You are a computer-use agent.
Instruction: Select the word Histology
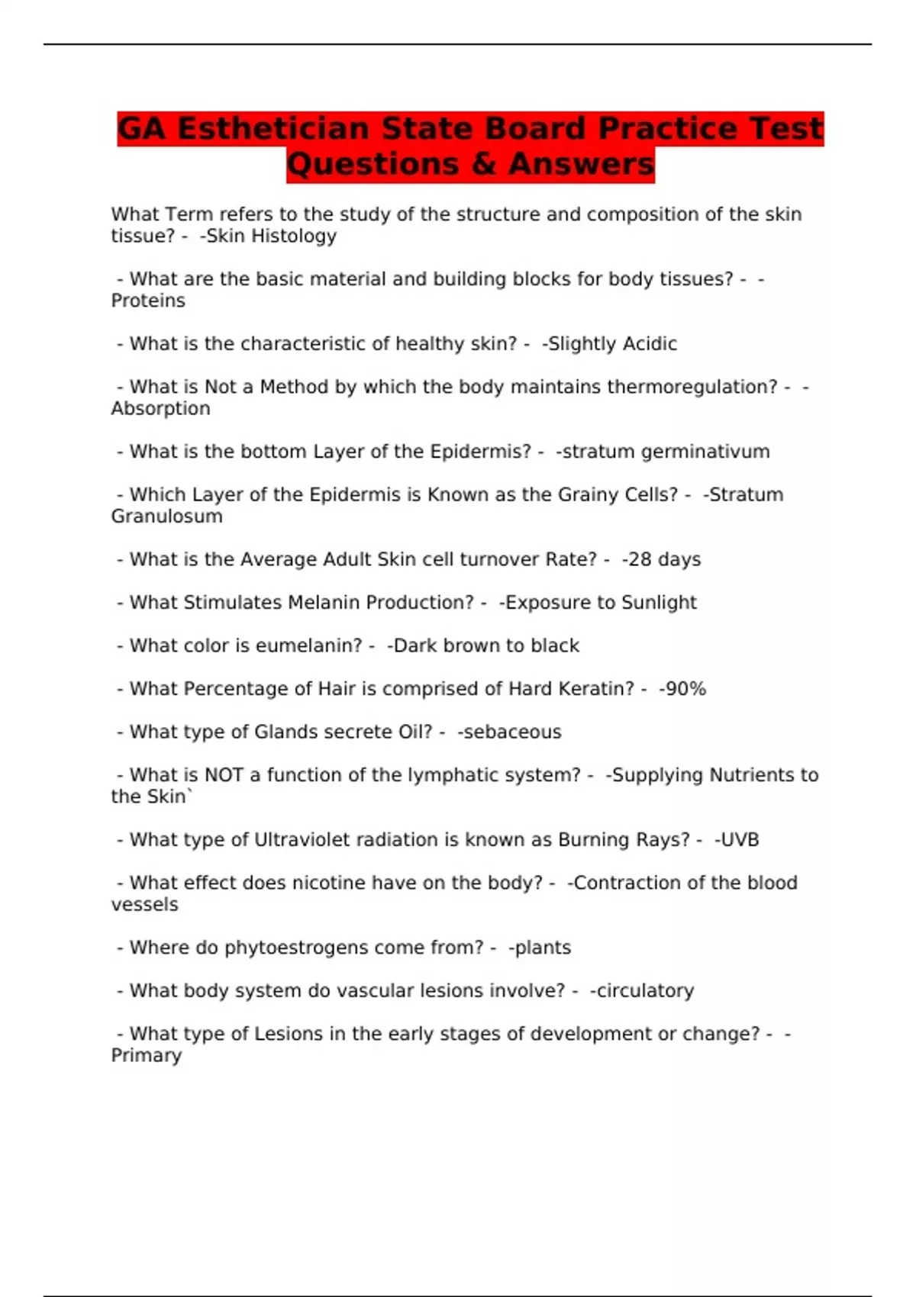(x=294, y=237)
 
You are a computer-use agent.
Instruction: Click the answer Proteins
(x=148, y=301)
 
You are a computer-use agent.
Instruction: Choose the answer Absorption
(x=160, y=408)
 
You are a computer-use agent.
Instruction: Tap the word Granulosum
(x=166, y=517)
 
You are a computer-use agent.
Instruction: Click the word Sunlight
(x=659, y=603)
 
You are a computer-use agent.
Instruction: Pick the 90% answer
(x=685, y=689)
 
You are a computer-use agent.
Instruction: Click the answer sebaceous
(x=512, y=732)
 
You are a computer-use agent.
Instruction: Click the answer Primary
(x=147, y=1055)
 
